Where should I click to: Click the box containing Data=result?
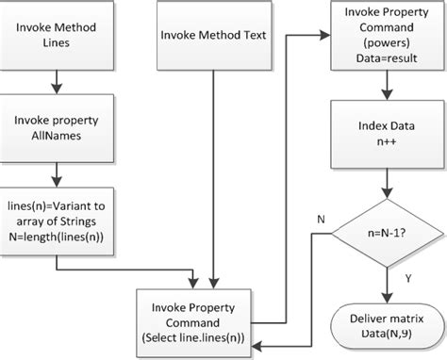pyautogui.click(x=383, y=39)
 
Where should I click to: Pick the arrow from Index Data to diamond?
pyautogui.click(x=383, y=182)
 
